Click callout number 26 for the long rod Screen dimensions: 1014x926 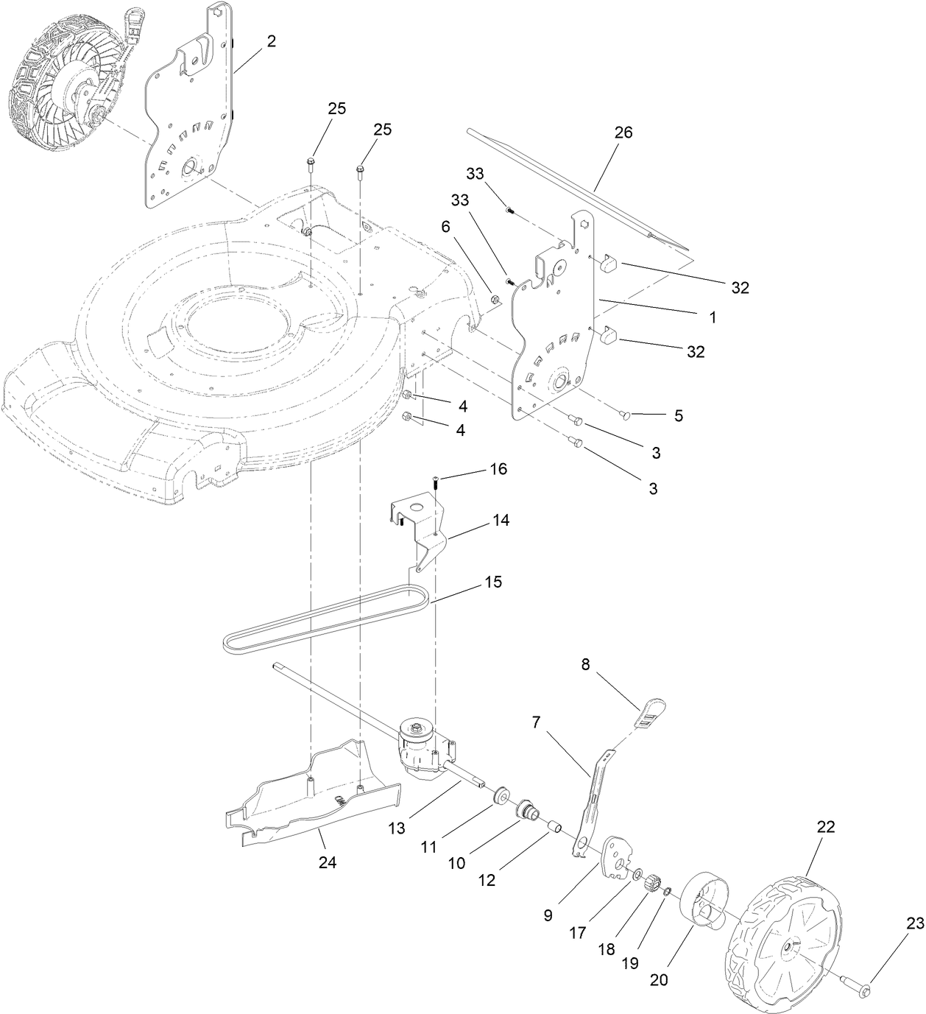pos(623,133)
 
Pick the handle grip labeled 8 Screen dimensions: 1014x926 pos(650,712)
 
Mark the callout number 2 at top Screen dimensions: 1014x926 pos(272,41)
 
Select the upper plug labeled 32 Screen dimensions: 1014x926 pos(609,263)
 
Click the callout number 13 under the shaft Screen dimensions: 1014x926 pos(397,829)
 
